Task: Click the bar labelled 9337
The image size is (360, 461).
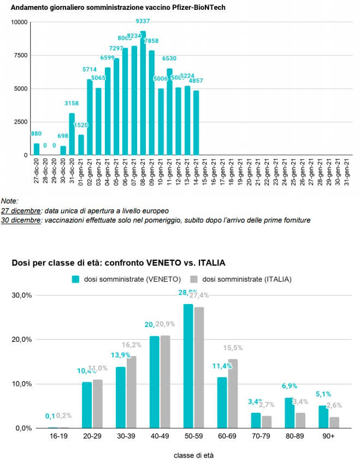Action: point(143,93)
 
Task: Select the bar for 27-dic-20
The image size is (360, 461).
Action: point(37,149)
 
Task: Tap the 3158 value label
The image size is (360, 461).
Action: point(72,103)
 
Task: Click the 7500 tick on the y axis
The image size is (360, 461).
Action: point(18,55)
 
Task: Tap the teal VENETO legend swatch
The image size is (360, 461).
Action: point(76,279)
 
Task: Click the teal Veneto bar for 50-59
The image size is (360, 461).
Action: point(188,366)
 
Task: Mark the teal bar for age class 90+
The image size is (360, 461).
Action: point(323,417)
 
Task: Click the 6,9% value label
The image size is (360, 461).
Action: point(290,386)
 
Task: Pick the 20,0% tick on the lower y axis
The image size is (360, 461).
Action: point(22,340)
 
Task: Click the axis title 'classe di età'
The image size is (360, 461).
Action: point(194,455)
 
